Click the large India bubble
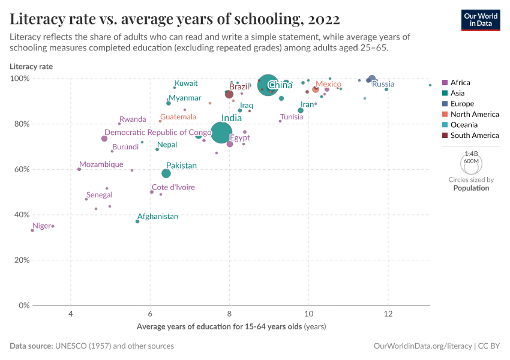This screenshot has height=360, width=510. click(x=222, y=133)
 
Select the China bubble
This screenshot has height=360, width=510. click(x=268, y=85)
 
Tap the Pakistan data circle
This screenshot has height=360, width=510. click(x=166, y=173)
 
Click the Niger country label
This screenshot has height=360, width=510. click(x=42, y=226)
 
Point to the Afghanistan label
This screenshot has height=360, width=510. click(x=158, y=216)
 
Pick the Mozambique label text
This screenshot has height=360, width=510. click(x=101, y=164)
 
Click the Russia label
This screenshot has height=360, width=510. click(x=383, y=84)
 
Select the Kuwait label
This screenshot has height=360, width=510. click(x=186, y=83)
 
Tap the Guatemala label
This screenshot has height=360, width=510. click(x=178, y=116)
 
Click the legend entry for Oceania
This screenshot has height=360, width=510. click(x=464, y=125)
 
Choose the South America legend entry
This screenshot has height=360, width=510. click(x=474, y=136)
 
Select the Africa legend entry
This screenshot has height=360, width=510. click(x=460, y=83)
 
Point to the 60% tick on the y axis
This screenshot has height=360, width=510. click(x=21, y=169)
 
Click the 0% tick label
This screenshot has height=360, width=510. click(x=23, y=305)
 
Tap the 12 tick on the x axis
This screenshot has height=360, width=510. click(x=388, y=314)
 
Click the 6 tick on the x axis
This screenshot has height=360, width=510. click(x=150, y=314)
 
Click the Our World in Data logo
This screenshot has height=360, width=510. click(x=480, y=19)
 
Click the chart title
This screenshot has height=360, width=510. click(x=175, y=19)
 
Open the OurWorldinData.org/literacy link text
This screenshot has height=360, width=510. click(x=422, y=346)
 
